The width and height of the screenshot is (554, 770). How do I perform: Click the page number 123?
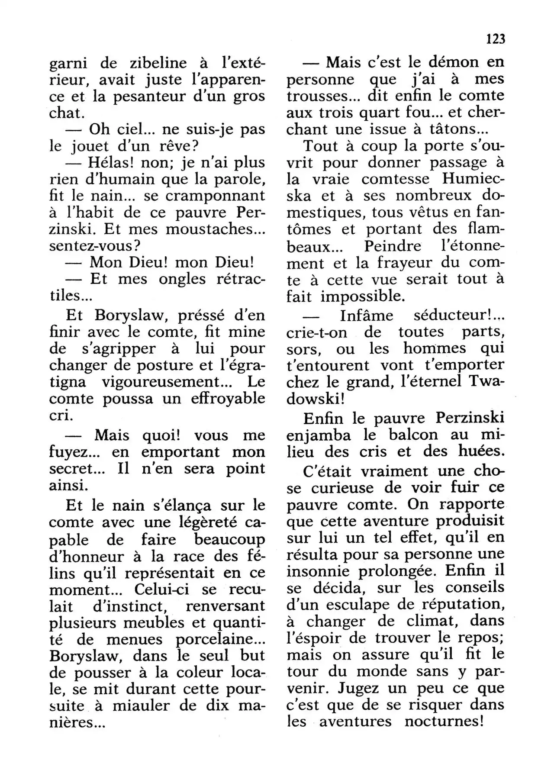496,39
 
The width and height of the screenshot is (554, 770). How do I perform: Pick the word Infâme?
367,316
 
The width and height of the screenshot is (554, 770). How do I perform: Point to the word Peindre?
392,246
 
